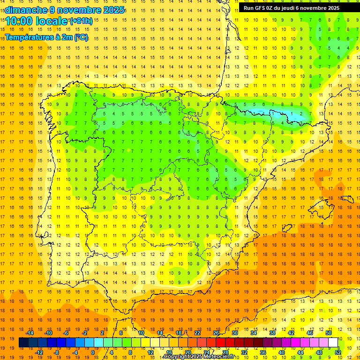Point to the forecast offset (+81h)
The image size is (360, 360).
(x=81, y=21)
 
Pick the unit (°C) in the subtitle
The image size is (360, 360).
(x=81, y=37)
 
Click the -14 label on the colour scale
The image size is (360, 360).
(x=30, y=333)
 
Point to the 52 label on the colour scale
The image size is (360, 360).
(x=338, y=352)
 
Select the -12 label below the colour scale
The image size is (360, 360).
(x=39, y=352)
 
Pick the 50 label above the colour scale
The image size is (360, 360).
(x=329, y=333)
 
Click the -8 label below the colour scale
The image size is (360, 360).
(x=57, y=352)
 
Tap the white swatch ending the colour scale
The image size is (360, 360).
(x=333, y=343)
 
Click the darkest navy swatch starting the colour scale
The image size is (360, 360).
(x=23, y=343)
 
